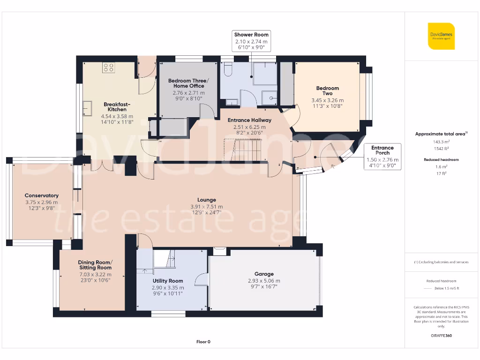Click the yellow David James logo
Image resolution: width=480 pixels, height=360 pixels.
click(441, 36)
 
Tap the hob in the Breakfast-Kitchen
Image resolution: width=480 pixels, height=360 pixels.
click(108, 67)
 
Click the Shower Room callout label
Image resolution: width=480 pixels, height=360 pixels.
click(251, 41)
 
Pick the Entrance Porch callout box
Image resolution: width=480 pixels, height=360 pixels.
click(382, 157)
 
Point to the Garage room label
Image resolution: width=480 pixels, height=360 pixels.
click(264, 274)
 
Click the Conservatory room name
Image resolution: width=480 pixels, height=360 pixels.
click(42, 195)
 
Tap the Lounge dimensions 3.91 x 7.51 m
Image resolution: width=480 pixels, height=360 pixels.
click(207, 207)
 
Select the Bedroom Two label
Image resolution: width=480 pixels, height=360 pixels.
click(328, 90)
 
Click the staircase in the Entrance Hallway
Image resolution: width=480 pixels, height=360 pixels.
click(243, 150)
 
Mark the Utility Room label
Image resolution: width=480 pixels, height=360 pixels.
click(168, 281)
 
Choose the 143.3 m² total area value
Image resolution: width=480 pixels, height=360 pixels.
click(441, 142)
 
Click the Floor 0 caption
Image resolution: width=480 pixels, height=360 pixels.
click(203, 342)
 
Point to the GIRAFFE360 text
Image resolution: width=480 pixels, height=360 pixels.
click(441, 336)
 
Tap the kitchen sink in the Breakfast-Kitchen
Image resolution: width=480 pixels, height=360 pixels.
click(87, 108)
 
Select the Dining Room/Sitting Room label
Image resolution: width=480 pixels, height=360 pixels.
click(95, 265)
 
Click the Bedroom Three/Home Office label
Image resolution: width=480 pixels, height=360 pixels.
click(188, 83)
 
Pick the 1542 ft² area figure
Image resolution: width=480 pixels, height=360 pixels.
click(441, 149)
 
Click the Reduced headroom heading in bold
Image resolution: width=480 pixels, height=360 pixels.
click(441, 159)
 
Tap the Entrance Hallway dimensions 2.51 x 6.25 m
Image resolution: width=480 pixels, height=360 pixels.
click(249, 127)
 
